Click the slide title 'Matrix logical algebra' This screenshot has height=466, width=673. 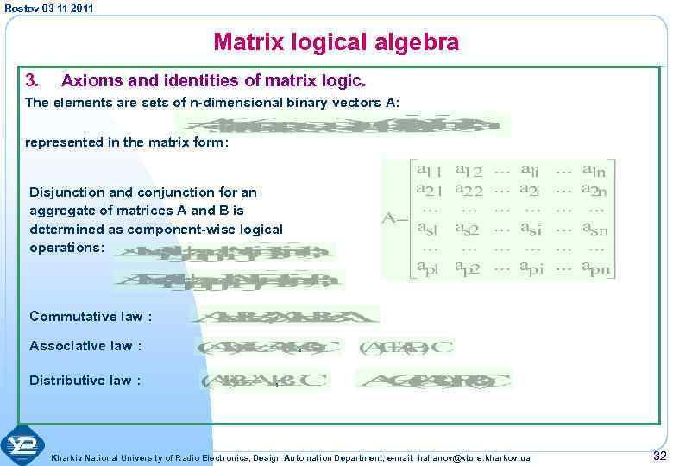pos(336,41)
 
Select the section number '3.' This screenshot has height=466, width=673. pos(32,81)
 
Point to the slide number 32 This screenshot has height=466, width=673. pos(659,455)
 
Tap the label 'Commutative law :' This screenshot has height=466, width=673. pos(91,316)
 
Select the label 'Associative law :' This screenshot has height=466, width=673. pos(85,346)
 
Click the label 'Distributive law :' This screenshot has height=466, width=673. pos(85,380)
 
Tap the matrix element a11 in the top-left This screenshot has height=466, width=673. pos(430,169)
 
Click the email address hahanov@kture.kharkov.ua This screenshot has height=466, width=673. pos(474,456)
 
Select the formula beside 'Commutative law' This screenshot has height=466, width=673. pos(285,316)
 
